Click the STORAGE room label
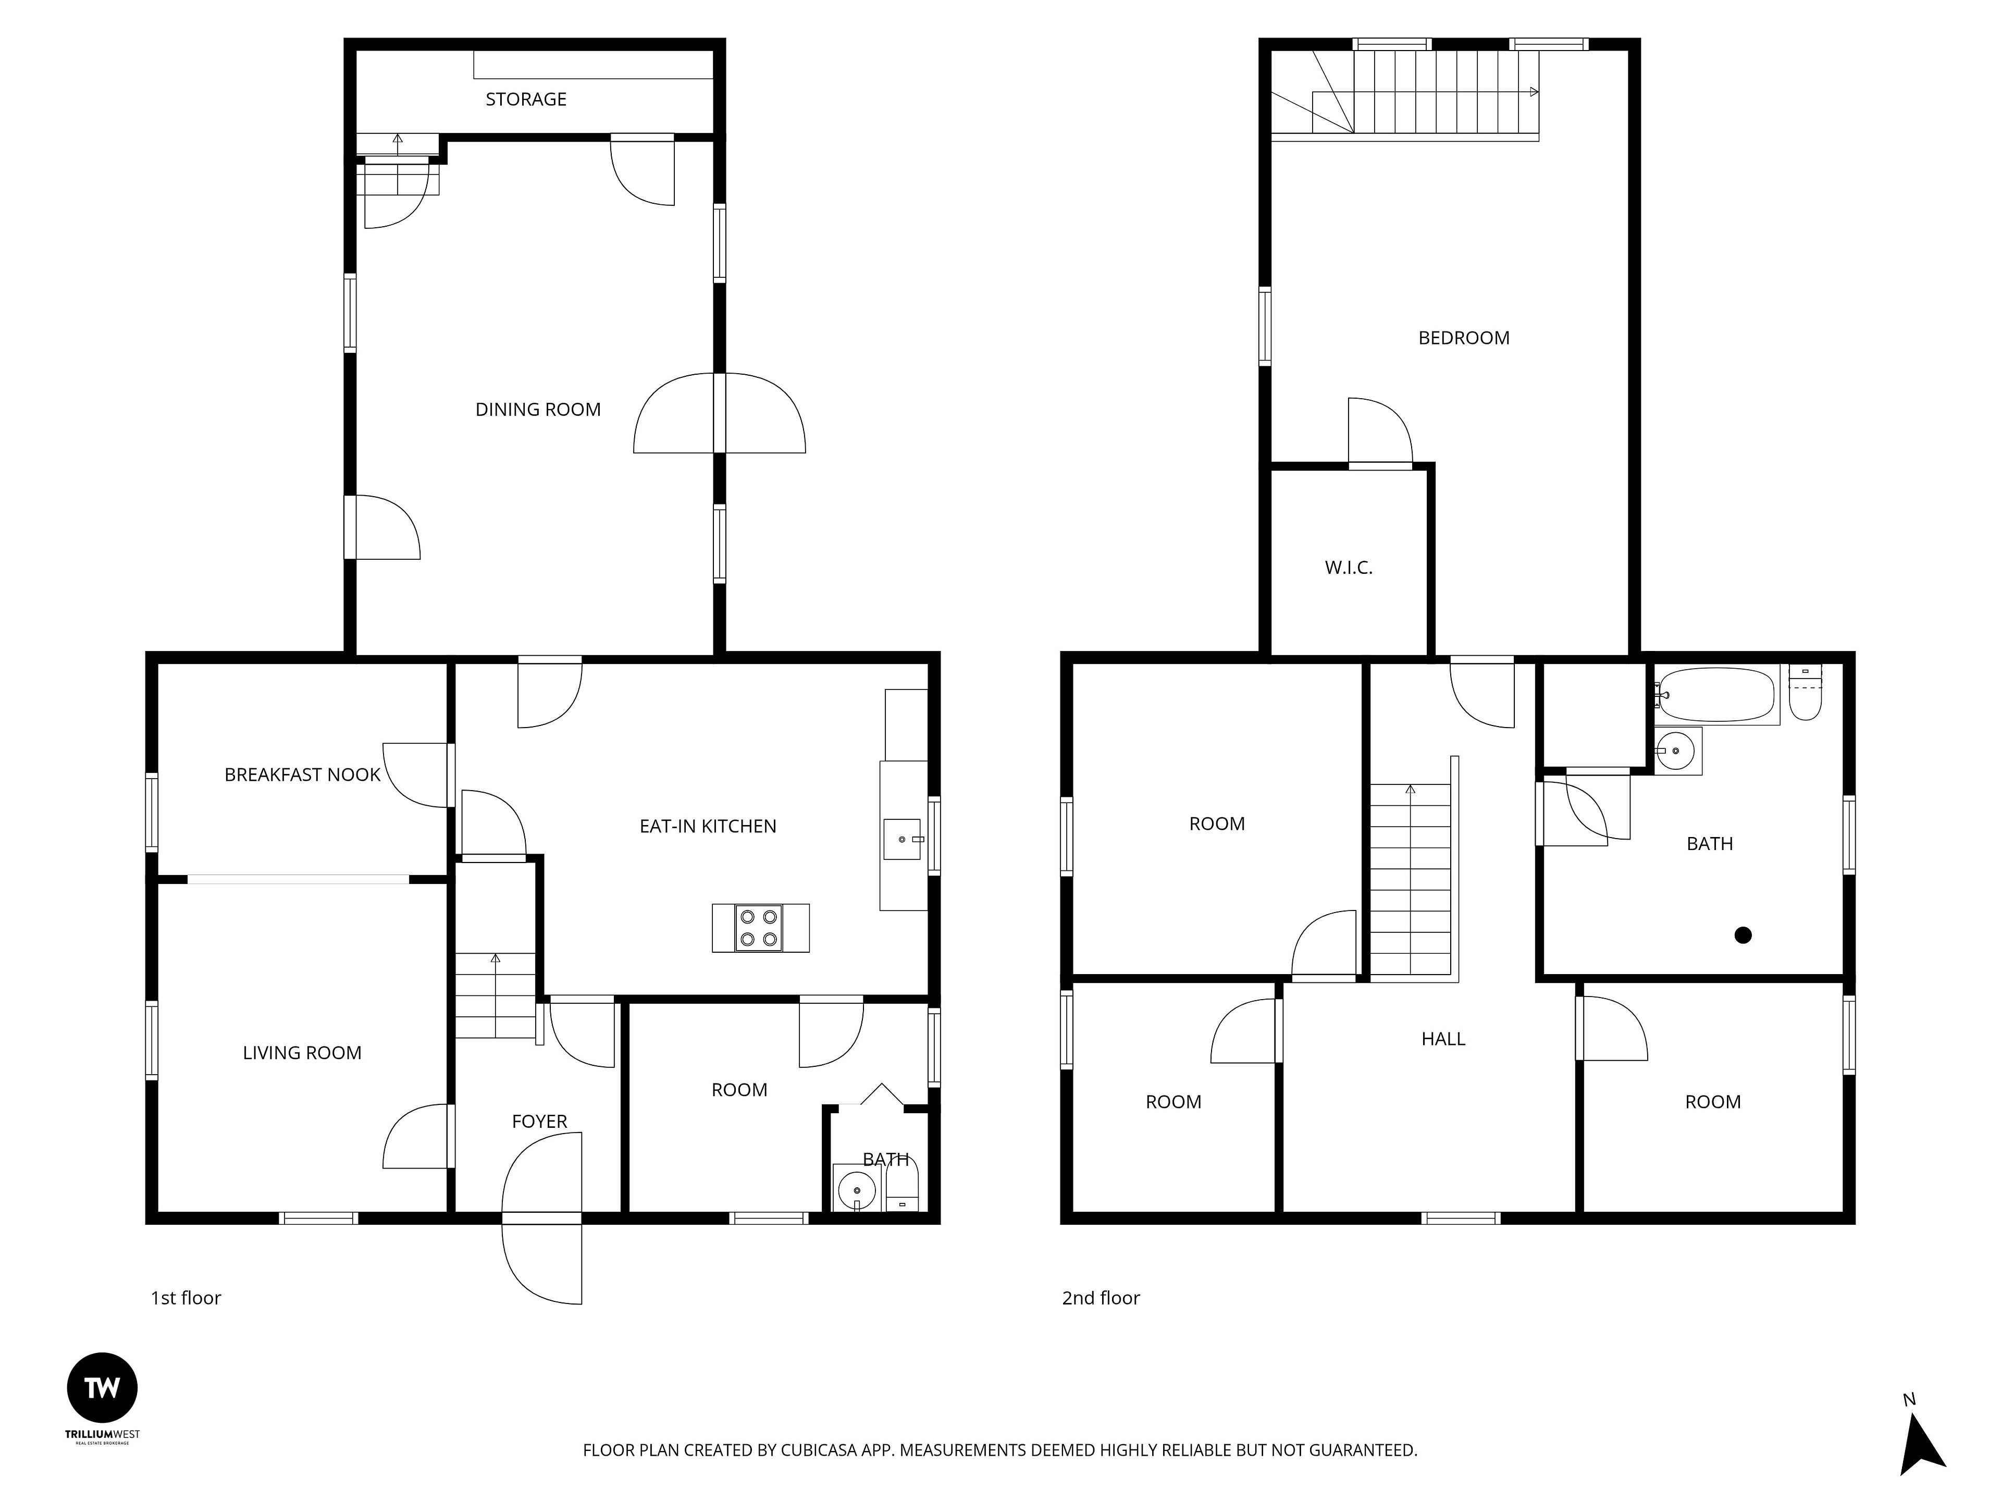point(526,100)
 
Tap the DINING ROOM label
point(538,410)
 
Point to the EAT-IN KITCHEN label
point(708,826)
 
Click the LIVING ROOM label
point(302,1053)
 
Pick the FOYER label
point(539,1122)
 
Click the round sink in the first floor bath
point(856,1187)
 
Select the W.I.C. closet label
point(1349,568)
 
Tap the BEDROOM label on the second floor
point(1464,338)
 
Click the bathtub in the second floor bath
point(1716,695)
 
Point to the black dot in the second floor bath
point(1743,936)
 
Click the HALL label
point(1443,1040)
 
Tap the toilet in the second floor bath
point(1806,693)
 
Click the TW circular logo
point(102,1388)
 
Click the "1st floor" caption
point(186,1298)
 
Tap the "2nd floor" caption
point(1101,1298)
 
